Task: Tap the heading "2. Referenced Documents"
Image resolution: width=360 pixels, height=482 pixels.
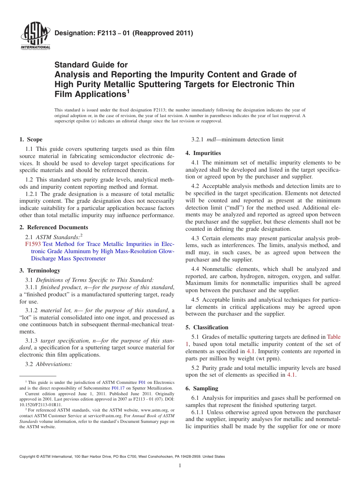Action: click(54, 227)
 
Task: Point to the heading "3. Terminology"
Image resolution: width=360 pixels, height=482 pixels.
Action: click(40, 271)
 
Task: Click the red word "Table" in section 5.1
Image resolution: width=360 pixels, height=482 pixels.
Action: click(333, 337)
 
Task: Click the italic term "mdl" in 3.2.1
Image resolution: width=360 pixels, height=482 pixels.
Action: click(211, 139)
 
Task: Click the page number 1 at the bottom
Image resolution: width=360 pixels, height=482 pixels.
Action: click(180, 466)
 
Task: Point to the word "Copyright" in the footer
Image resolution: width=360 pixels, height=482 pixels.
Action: click(28, 457)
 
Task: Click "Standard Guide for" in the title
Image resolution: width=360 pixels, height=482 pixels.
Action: click(91, 65)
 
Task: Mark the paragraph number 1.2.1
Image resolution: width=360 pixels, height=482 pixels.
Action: click(32, 194)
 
